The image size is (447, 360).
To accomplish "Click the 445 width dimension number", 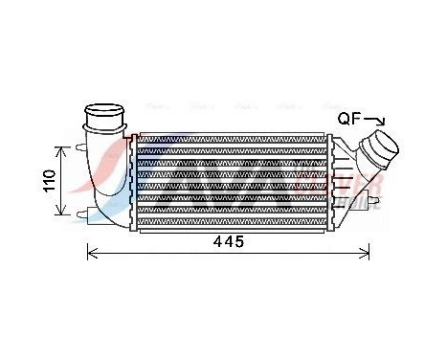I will [x=228, y=243].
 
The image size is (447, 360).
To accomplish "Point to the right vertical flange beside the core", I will [x=332, y=182].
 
